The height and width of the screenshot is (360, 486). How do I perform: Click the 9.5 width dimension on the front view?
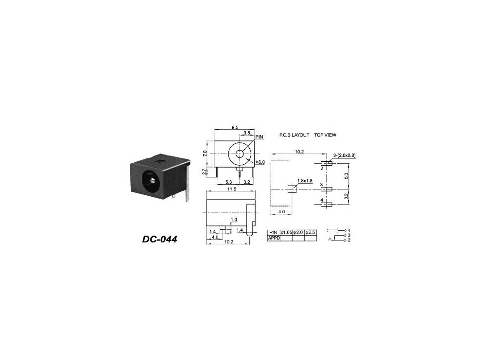(235, 127)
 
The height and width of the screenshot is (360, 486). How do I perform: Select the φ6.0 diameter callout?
(260, 162)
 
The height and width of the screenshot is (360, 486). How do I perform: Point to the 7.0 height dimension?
(206, 153)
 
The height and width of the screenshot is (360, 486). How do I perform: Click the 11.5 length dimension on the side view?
(231, 189)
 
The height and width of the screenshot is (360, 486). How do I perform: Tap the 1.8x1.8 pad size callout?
(305, 181)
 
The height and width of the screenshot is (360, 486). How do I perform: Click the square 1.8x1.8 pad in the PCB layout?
(292, 189)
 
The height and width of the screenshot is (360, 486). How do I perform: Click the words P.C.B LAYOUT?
(294, 135)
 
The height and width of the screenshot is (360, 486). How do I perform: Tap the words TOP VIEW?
(325, 135)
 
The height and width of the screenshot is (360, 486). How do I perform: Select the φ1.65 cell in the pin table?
(286, 233)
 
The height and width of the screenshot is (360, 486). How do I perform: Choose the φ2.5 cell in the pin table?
(310, 233)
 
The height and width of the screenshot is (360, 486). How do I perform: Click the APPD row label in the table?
(274, 238)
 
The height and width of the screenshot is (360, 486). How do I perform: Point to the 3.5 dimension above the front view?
(246, 133)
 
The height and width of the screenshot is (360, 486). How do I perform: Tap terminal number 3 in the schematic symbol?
(348, 235)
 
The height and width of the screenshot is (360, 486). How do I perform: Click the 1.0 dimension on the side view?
(234, 220)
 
